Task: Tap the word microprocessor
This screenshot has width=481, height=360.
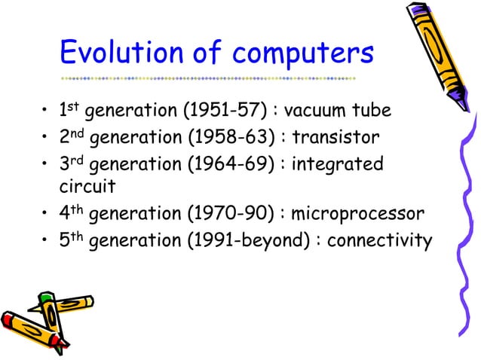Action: point(354,217)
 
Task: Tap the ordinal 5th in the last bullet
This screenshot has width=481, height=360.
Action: point(72,241)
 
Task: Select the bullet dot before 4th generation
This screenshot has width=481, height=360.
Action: point(46,217)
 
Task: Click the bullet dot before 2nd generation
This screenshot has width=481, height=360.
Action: point(46,139)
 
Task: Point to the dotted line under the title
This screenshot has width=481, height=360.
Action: point(207,78)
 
